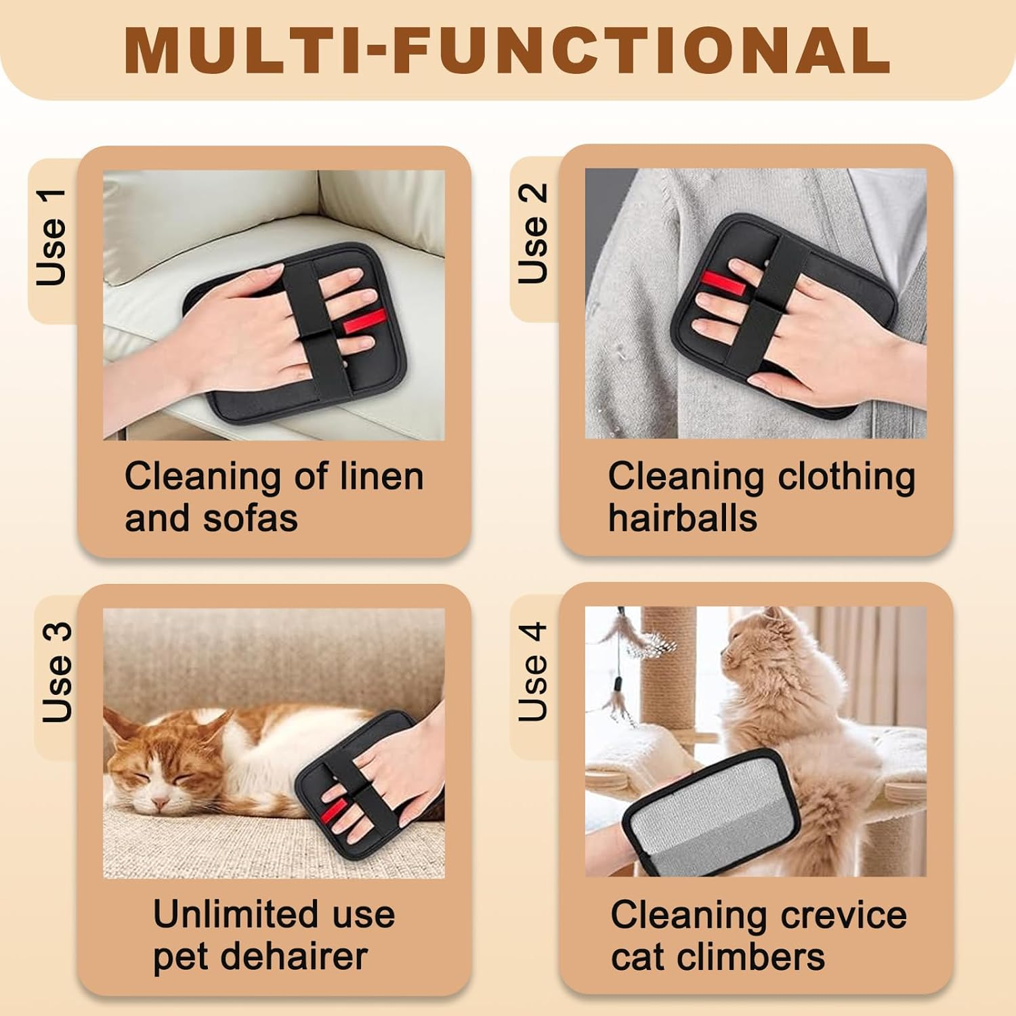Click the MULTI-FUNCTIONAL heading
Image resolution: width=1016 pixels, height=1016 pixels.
[x=507, y=51]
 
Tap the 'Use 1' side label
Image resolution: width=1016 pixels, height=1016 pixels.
[x=53, y=238]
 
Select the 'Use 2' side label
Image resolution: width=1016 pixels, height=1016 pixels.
[x=533, y=234]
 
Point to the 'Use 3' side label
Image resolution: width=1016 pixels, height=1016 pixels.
[x=57, y=673]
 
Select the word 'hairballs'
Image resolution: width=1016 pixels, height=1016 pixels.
[x=682, y=519]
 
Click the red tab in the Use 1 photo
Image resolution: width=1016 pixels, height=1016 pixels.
[x=364, y=321]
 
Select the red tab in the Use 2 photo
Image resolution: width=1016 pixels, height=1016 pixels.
[x=723, y=284]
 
